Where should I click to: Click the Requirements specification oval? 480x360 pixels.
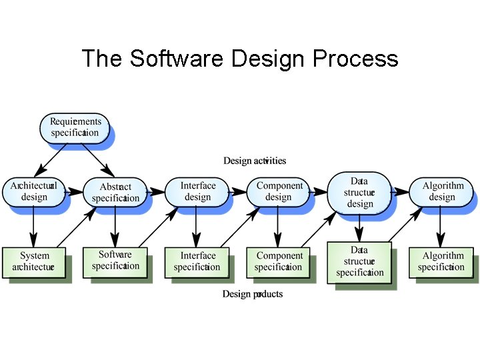(75, 127)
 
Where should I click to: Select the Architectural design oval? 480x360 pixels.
(33, 191)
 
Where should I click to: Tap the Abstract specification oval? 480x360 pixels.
(115, 192)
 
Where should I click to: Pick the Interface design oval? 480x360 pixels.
(197, 191)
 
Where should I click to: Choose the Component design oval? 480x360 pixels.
(279, 191)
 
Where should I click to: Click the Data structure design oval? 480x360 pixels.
(359, 192)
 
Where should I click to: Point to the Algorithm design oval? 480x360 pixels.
(442, 191)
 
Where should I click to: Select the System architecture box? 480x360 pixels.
(34, 261)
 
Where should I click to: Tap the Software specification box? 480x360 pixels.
(115, 261)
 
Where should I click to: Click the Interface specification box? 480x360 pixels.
(197, 261)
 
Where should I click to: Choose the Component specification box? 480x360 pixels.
(279, 261)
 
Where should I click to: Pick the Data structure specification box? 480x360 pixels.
(359, 261)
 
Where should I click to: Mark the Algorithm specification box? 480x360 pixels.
(441, 261)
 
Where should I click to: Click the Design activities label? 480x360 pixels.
(255, 161)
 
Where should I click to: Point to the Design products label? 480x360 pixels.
(253, 294)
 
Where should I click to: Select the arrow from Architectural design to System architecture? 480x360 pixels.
(33, 227)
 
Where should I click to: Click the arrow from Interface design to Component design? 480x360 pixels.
(238, 191)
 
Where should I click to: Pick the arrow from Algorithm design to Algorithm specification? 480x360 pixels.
(440, 227)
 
